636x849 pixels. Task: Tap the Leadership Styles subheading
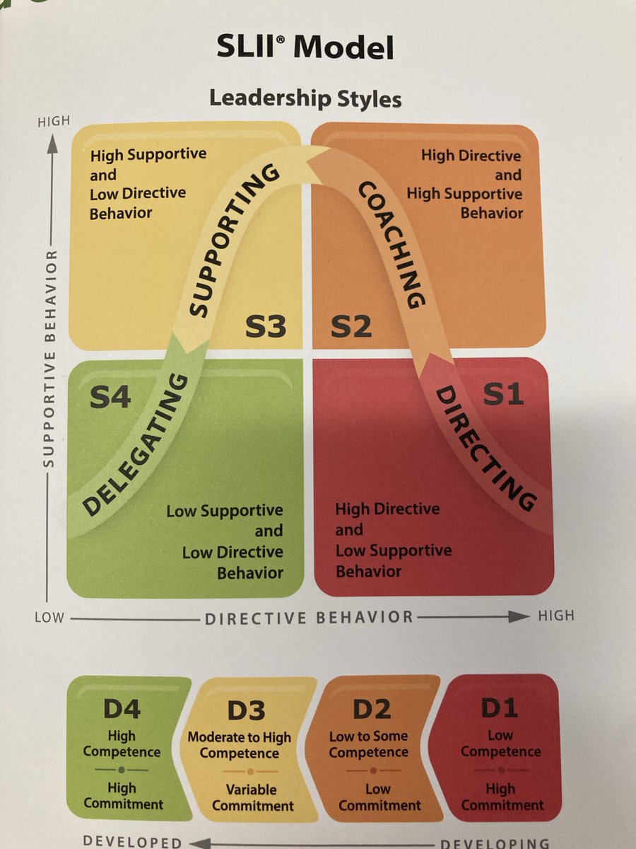tap(305, 98)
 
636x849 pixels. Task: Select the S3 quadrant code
tap(266, 326)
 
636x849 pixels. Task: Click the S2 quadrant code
tap(351, 326)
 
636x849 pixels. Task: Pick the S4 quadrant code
tap(110, 397)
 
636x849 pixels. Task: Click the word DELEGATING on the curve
tap(135, 446)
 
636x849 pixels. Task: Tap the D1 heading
tap(500, 707)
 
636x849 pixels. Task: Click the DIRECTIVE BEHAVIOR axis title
tap(310, 617)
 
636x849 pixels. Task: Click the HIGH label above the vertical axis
tap(53, 121)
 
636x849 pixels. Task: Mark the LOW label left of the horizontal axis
tap(49, 618)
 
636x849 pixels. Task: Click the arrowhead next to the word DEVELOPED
tap(197, 843)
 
